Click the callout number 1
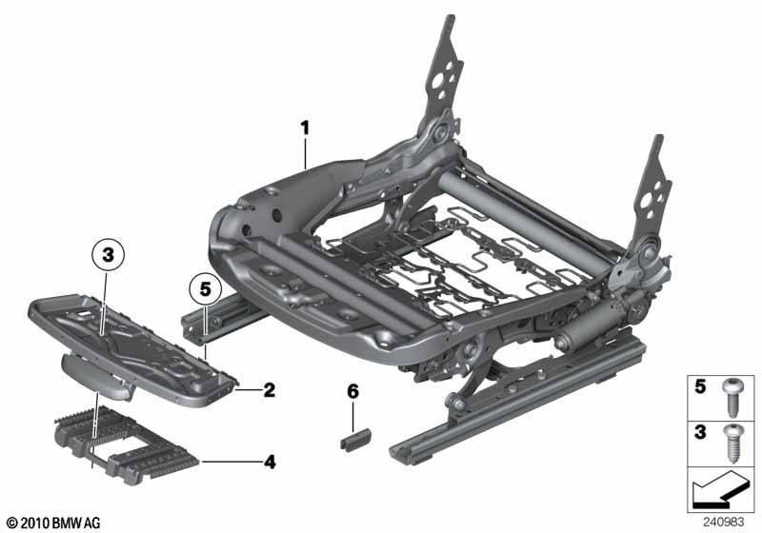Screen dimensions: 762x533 tap(305, 129)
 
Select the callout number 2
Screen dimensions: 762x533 tap(269, 390)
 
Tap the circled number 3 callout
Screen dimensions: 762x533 tap(108, 255)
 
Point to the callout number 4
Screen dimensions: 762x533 tap(270, 462)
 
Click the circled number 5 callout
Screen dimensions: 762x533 tap(205, 289)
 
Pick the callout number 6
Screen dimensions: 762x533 tap(352, 391)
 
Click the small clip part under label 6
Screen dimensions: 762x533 tap(355, 439)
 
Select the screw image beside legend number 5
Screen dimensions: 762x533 tap(732, 398)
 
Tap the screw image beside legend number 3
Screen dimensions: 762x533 tap(732, 444)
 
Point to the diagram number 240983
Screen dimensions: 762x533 tap(723, 522)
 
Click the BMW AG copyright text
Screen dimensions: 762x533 tap(54, 523)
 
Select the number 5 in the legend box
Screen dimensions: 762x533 tap(700, 386)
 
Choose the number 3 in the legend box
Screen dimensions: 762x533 tap(700, 431)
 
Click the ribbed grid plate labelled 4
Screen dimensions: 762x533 tap(128, 445)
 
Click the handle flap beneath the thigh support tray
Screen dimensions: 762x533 tap(97, 376)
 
